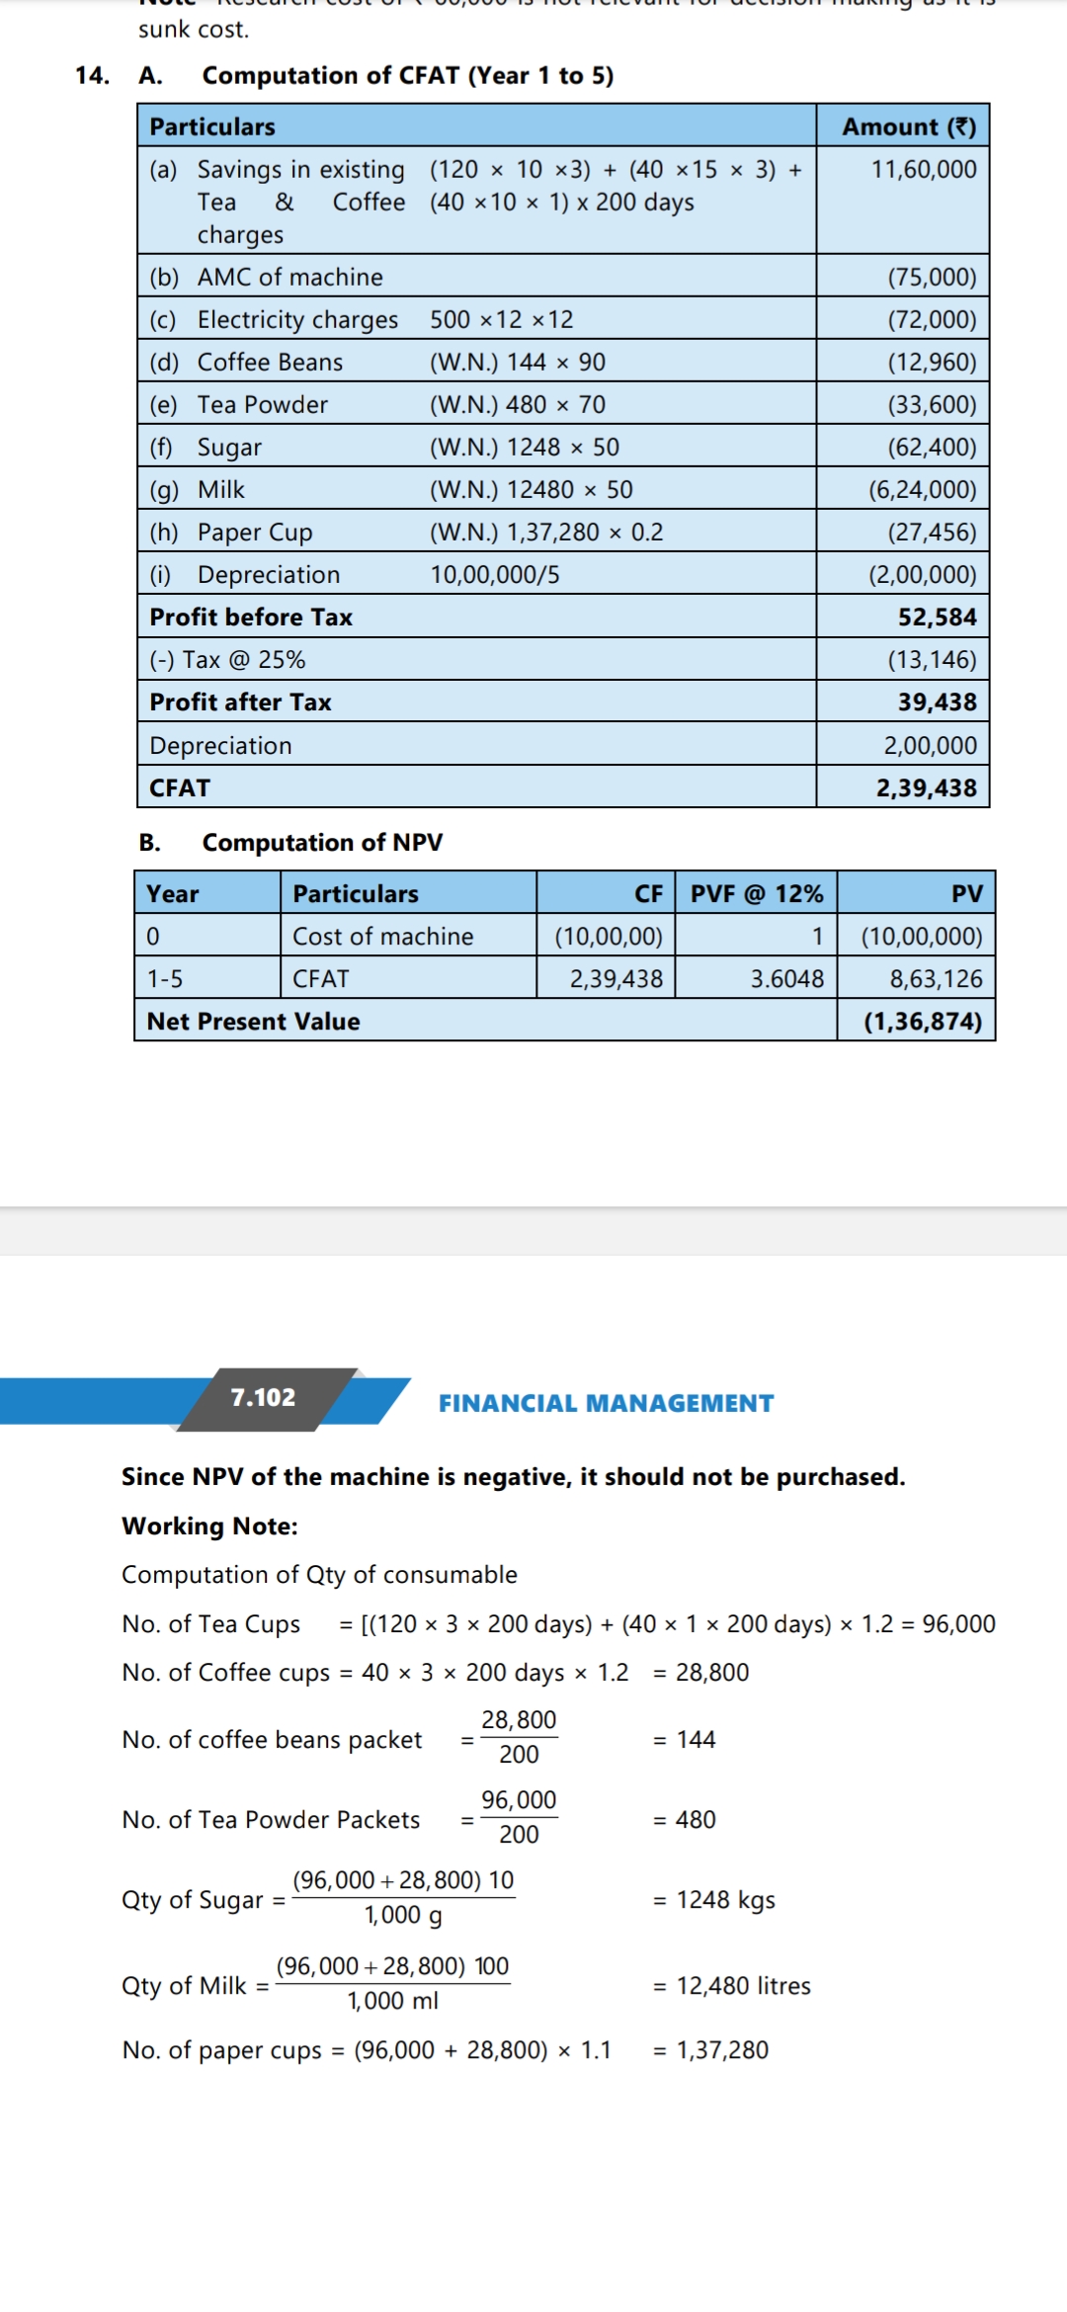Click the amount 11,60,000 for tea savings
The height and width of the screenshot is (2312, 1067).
(x=923, y=169)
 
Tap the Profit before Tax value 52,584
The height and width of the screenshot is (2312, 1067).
(x=937, y=618)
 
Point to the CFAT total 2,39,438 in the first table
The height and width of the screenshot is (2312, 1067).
(x=926, y=788)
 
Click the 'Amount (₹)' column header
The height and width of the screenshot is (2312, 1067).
(x=908, y=126)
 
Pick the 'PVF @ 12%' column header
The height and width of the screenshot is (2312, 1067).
(x=756, y=894)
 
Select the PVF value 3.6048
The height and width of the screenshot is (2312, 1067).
(x=786, y=979)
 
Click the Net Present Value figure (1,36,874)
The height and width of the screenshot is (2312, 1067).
(x=923, y=1022)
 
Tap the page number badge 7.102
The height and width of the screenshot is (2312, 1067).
(x=263, y=1398)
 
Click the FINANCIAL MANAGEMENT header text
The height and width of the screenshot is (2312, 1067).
(x=606, y=1404)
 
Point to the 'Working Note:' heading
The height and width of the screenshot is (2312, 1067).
(x=209, y=1527)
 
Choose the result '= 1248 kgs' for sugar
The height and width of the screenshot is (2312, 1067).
(x=715, y=1900)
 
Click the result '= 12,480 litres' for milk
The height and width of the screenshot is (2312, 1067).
(x=732, y=1986)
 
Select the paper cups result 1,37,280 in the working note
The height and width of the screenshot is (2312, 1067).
(x=722, y=2050)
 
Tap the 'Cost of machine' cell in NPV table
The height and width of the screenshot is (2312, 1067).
(x=382, y=937)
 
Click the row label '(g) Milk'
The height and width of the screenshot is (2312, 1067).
(x=198, y=490)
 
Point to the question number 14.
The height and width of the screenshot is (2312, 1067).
(x=92, y=76)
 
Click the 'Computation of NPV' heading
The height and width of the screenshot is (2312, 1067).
(x=322, y=843)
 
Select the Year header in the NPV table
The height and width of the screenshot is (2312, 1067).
(x=173, y=894)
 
